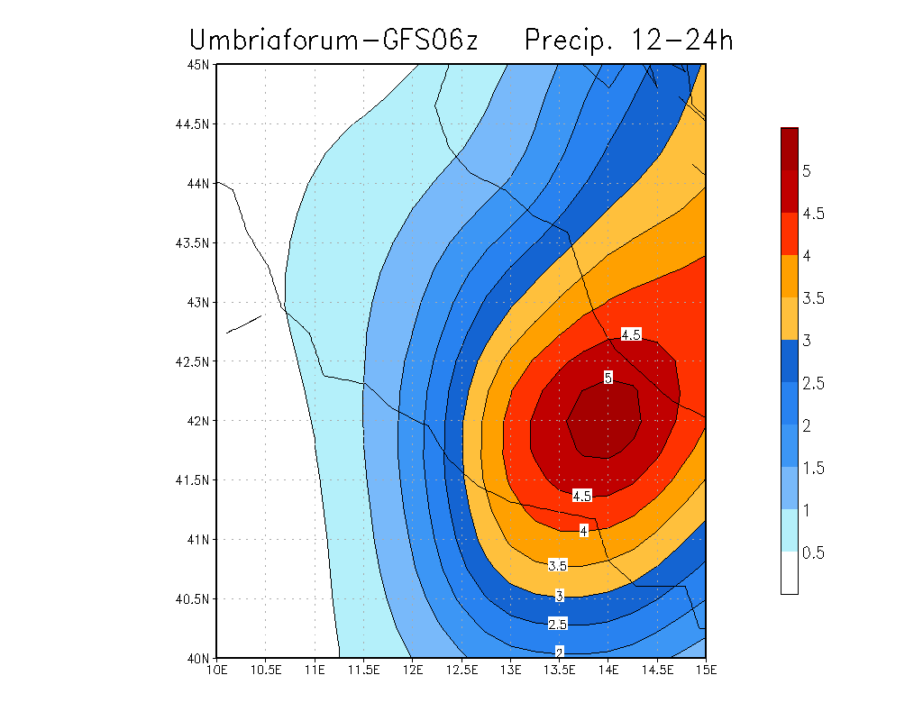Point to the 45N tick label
coord(198,65)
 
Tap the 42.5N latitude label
coord(192,361)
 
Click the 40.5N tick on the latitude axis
coord(192,598)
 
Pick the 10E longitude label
coord(217,670)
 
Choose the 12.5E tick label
coord(461,670)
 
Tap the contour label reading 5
coord(608,378)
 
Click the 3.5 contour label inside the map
coord(558,565)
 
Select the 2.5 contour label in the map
coord(558,624)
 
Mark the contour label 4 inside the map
coord(584,531)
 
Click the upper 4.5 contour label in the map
coord(631,334)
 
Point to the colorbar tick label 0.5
coord(813,552)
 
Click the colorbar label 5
coord(808,171)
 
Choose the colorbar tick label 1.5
coord(813,468)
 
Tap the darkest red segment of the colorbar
coord(790,149)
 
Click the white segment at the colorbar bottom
coord(790,573)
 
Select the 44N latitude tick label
coord(198,183)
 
